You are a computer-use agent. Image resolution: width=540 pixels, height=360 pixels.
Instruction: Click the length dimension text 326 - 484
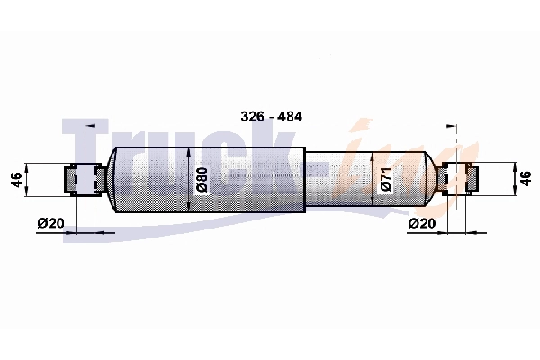[x=272, y=117]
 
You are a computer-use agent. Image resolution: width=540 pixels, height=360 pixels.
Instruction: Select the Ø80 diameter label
[x=202, y=179]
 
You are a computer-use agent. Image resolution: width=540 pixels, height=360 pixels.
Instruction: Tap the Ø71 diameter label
[x=386, y=179]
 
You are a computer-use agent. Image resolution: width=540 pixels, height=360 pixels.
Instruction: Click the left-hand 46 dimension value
[x=16, y=179]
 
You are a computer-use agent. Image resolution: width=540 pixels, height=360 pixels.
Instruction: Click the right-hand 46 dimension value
[x=526, y=179]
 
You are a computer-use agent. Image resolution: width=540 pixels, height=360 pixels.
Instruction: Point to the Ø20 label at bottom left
[x=50, y=223]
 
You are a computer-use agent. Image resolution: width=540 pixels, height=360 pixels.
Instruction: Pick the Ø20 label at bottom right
[x=421, y=223]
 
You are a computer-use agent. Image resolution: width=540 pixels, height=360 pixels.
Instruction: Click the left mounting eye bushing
[x=85, y=179]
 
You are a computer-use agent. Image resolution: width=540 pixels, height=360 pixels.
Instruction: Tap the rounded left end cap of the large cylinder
[x=111, y=179]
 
